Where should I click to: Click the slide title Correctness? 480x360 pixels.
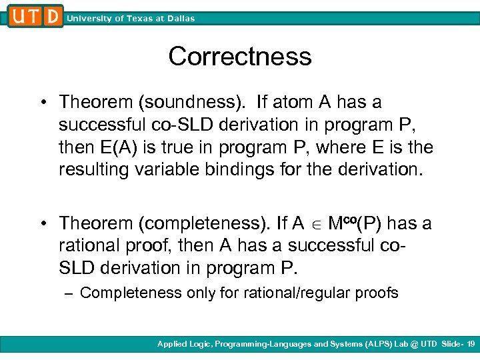(x=240, y=57)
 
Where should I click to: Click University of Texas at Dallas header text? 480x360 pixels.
(x=131, y=19)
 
